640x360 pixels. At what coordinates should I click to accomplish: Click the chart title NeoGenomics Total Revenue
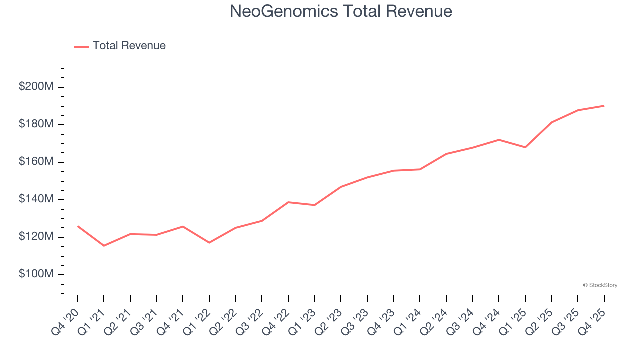[x=341, y=11]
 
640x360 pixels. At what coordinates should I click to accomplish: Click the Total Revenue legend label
[x=129, y=46]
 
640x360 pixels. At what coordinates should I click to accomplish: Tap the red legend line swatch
[x=81, y=46]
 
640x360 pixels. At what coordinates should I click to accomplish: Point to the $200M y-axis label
[x=36, y=86]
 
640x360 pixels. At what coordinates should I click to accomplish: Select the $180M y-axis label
[x=36, y=124]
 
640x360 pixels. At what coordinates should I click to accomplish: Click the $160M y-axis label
[x=36, y=162]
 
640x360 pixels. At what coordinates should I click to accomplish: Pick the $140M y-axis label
[x=36, y=199]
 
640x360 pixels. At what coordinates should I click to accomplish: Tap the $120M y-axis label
[x=36, y=236]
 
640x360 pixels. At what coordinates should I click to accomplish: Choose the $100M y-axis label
[x=36, y=274]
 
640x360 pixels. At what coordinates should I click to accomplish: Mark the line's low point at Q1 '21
[x=104, y=246]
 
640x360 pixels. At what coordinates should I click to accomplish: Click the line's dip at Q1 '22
[x=209, y=243]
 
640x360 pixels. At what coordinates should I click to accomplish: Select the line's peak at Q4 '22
[x=288, y=202]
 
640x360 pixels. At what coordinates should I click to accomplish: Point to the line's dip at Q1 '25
[x=525, y=147]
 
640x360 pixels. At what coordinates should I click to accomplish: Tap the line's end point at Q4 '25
[x=604, y=106]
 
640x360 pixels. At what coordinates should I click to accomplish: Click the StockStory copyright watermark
[x=600, y=285]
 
